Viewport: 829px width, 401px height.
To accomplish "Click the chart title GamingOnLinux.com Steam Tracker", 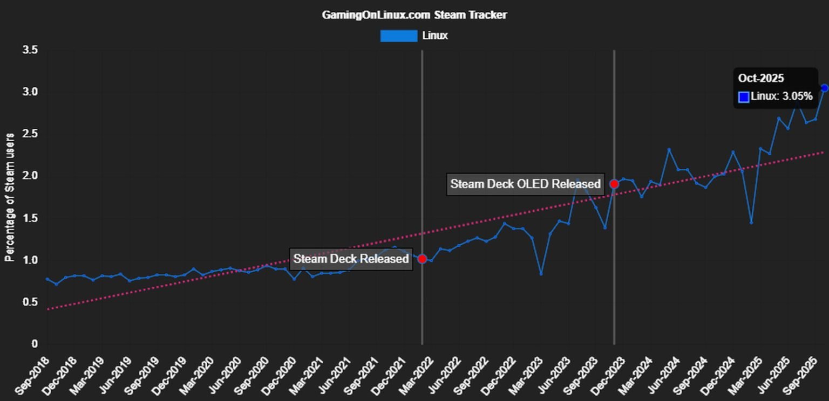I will pyautogui.click(x=414, y=15).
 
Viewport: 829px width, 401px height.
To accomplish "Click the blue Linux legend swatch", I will pyautogui.click(x=398, y=36).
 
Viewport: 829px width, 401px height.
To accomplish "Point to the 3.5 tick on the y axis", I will pyautogui.click(x=30, y=50).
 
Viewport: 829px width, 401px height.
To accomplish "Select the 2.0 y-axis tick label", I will pyautogui.click(x=30, y=176).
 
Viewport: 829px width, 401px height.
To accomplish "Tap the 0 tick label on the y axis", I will pyautogui.click(x=35, y=344).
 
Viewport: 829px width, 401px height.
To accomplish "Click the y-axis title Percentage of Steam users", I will pyautogui.click(x=9, y=197).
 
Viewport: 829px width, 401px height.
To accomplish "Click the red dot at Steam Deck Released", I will pyautogui.click(x=422, y=259).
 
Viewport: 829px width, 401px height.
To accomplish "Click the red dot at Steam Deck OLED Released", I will pyautogui.click(x=614, y=184).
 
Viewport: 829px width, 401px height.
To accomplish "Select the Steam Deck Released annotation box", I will pyautogui.click(x=351, y=259).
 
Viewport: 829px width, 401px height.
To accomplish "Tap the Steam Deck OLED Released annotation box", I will pyautogui.click(x=525, y=184).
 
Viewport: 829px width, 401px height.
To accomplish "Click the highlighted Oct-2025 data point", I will pyautogui.click(x=824, y=88).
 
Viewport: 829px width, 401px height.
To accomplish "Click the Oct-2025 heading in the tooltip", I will pyautogui.click(x=761, y=78).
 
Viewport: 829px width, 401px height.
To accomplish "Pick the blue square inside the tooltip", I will pyautogui.click(x=744, y=97).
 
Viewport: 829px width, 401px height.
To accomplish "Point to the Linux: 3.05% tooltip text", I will pyautogui.click(x=782, y=96).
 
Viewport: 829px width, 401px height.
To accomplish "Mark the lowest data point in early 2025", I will pyautogui.click(x=751, y=223).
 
